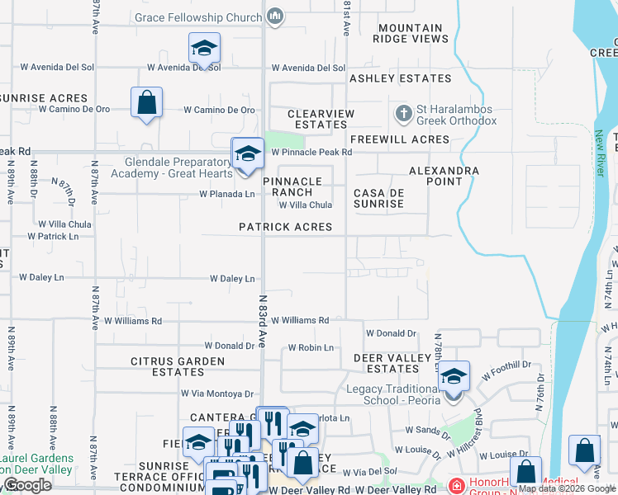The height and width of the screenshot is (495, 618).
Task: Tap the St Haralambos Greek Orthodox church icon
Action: tap(404, 112)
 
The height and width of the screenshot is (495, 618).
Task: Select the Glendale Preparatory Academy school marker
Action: tap(247, 153)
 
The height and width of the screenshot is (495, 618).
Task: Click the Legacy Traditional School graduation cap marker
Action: tap(453, 377)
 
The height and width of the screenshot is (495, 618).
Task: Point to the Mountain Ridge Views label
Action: tap(411, 33)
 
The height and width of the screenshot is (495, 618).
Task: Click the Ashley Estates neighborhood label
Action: tap(400, 78)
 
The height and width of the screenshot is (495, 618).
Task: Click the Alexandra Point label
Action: tap(444, 176)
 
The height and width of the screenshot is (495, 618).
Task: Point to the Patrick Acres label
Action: tap(285, 227)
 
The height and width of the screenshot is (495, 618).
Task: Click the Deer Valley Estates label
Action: tap(392, 363)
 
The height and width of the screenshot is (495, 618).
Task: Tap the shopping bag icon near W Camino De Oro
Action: tap(146, 102)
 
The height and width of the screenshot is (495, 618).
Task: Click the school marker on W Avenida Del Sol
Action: tap(204, 49)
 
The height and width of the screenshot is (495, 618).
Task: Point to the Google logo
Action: tap(27, 485)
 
